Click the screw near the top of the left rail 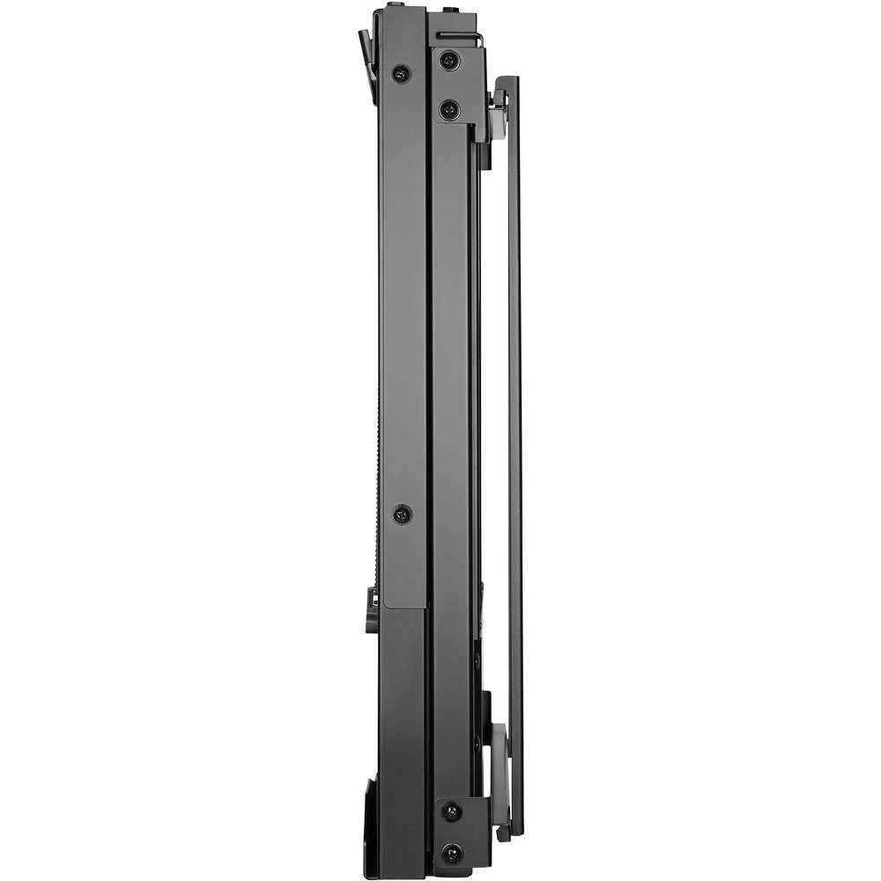click(402, 74)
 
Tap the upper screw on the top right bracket click(450, 61)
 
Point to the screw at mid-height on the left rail click(402, 514)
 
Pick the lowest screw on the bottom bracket click(451, 853)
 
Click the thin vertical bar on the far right click(515, 440)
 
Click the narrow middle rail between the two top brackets click(454, 440)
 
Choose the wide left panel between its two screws click(403, 291)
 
